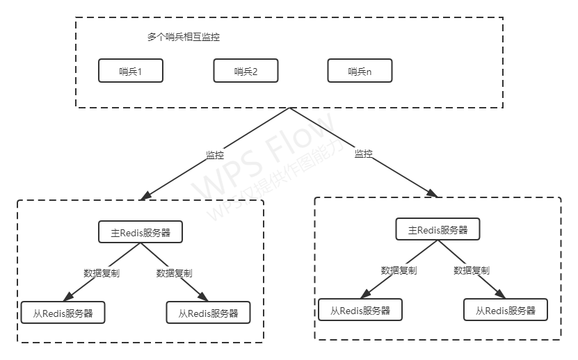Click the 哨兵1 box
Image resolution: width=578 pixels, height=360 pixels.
(131, 71)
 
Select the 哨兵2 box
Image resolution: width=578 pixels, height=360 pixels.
(246, 71)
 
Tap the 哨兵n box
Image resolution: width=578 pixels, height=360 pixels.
(360, 71)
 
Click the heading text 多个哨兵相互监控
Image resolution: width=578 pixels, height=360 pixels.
(184, 38)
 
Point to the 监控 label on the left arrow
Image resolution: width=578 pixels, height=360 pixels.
(215, 155)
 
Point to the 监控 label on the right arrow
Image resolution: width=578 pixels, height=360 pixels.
(363, 154)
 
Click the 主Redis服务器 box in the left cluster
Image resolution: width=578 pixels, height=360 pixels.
(141, 233)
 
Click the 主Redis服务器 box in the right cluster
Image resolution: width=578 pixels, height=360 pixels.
(437, 230)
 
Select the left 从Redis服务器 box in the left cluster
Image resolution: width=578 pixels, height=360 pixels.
(63, 313)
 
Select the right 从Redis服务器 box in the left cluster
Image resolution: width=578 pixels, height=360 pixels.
(208, 313)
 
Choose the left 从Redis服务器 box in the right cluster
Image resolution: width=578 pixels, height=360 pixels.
(360, 310)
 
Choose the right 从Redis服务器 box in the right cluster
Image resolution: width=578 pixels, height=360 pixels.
(506, 310)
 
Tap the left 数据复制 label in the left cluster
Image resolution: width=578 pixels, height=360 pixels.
(102, 273)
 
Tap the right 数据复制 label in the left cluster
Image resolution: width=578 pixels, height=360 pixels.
(175, 273)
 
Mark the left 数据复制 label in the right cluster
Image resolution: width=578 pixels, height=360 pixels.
(399, 270)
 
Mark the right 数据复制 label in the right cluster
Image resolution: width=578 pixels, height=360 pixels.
(472, 270)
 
